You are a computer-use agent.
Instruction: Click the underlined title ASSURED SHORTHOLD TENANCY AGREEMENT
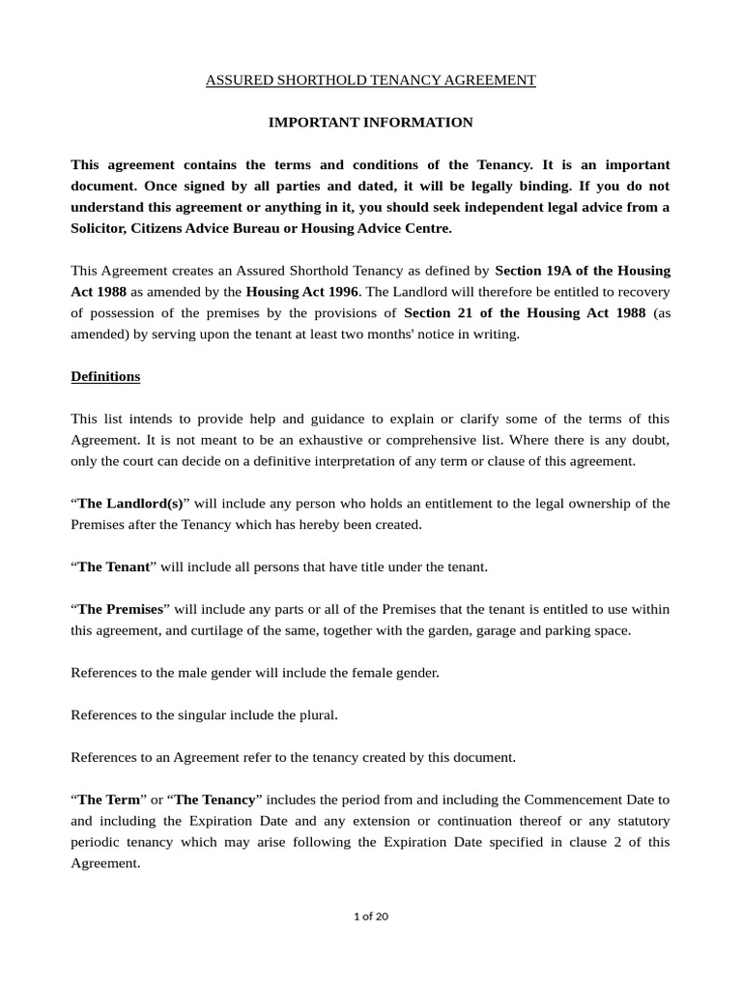pyautogui.click(x=370, y=80)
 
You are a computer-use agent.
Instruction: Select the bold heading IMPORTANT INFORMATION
pyautogui.click(x=370, y=123)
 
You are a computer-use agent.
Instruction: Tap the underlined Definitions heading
pyautogui.click(x=105, y=376)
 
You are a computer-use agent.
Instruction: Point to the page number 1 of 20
pyautogui.click(x=371, y=917)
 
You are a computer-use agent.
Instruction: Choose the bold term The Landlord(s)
pyautogui.click(x=129, y=504)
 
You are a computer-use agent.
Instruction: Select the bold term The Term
pyautogui.click(x=107, y=800)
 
